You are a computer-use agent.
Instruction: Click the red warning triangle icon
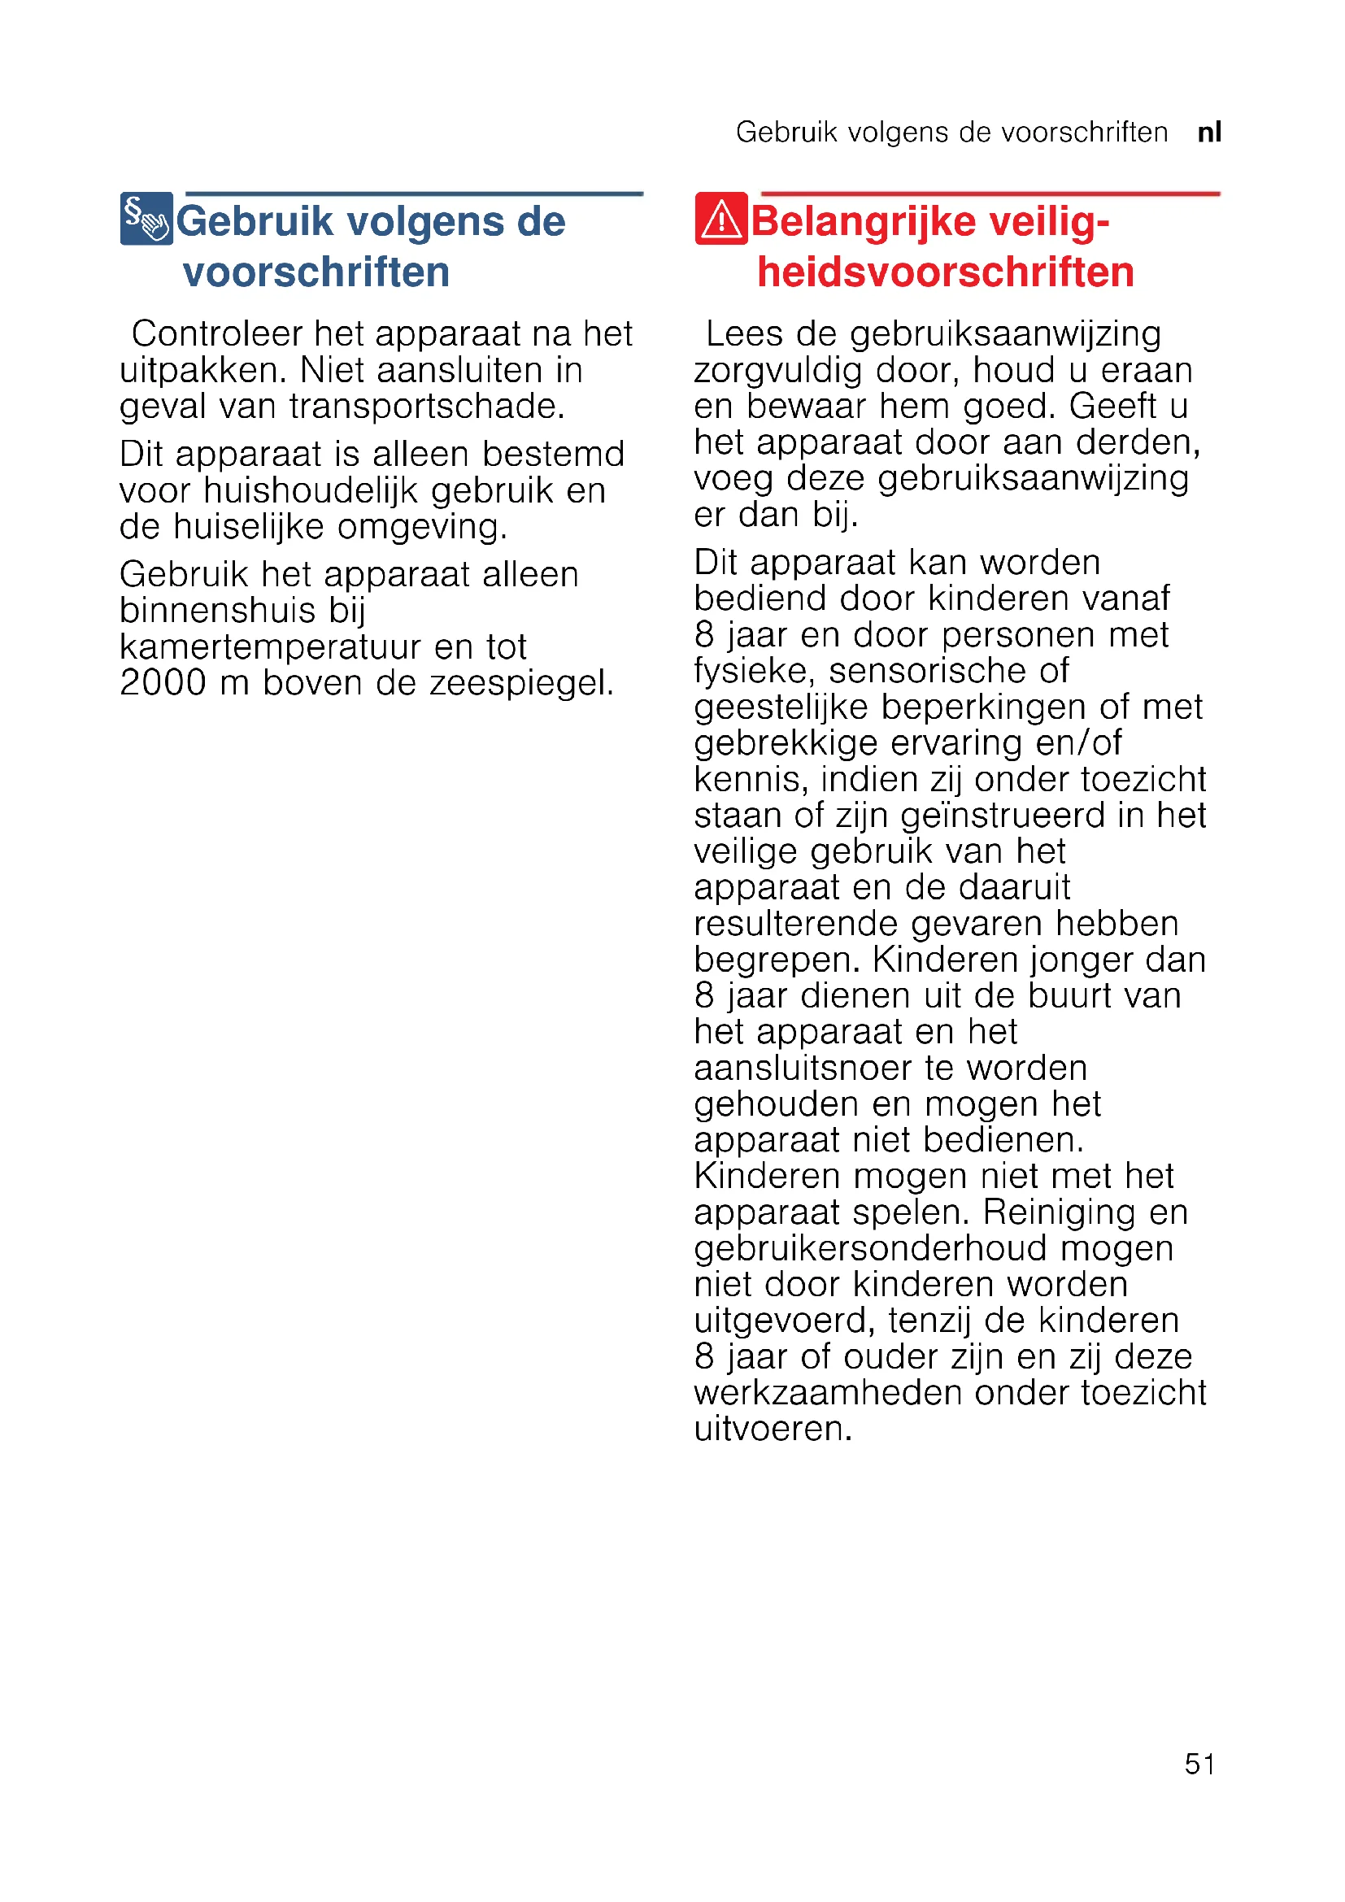[x=720, y=219]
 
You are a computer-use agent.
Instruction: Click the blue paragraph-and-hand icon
[x=146, y=219]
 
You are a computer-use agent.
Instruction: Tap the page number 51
[x=1199, y=1764]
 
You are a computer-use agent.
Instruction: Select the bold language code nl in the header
[x=1209, y=133]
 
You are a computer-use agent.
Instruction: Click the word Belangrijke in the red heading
[x=863, y=222]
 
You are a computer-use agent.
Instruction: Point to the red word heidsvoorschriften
[x=945, y=272]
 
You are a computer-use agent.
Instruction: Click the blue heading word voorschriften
[x=316, y=272]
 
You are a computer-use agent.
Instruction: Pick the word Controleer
[x=217, y=334]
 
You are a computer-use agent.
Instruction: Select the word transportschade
[x=427, y=407]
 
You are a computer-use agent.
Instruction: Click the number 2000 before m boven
[x=163, y=682]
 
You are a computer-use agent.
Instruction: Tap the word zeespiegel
[x=521, y=683]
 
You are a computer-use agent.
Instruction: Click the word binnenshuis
[x=218, y=611]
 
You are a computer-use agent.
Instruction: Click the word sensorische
[x=935, y=671]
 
